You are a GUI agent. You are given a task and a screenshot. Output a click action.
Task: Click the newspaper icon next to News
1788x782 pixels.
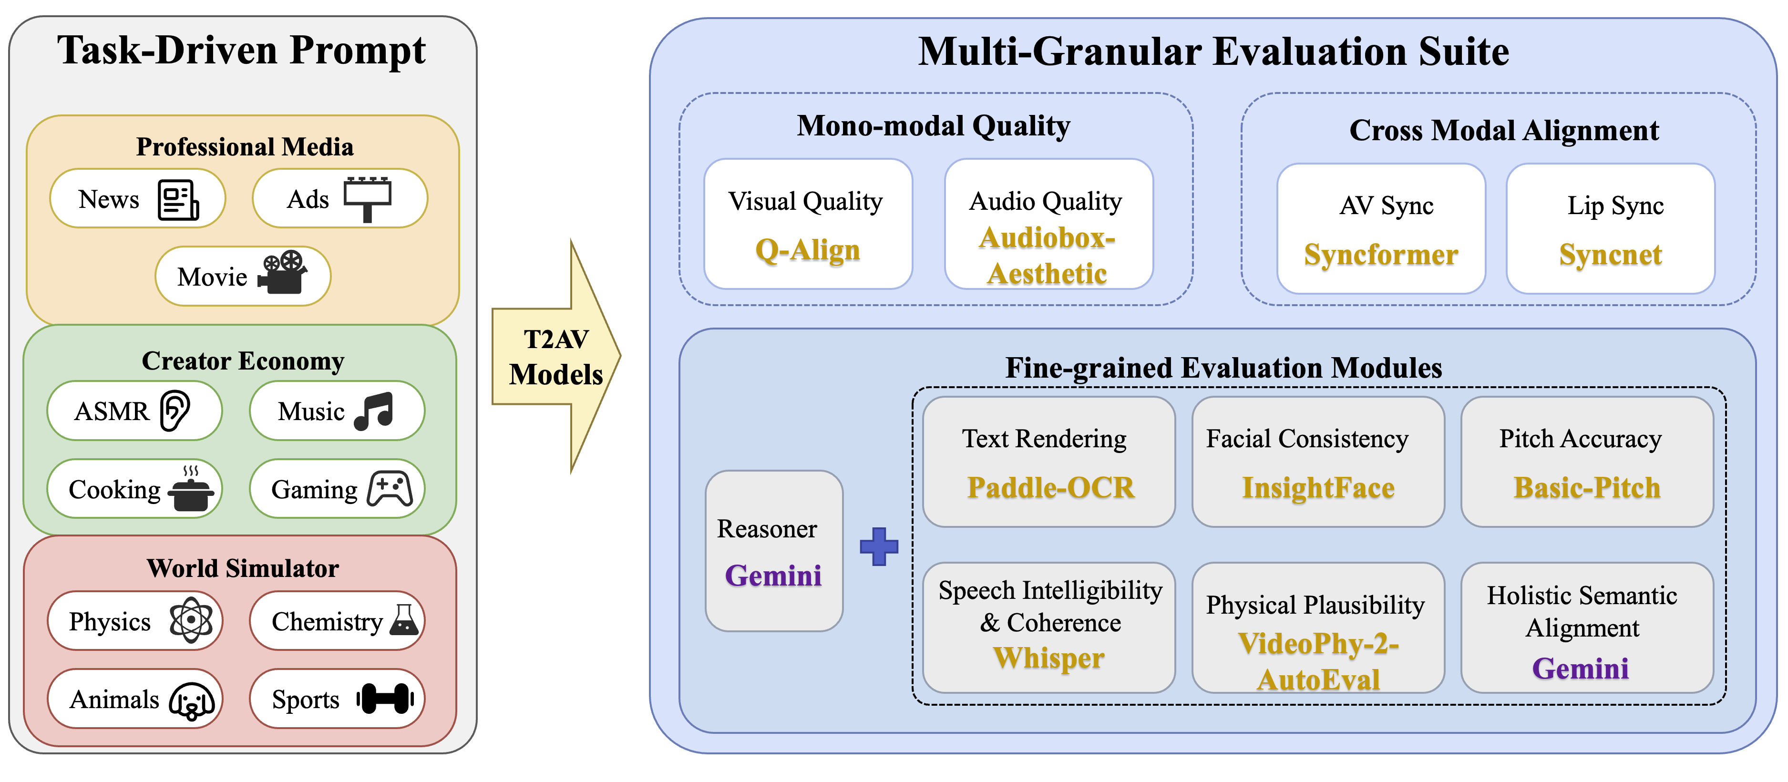[178, 200]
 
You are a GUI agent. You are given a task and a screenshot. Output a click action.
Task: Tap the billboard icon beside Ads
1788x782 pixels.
[367, 199]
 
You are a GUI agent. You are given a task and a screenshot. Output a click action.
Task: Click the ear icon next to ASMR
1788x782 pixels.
[175, 411]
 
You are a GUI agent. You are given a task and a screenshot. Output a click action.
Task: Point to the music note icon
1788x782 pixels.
[374, 411]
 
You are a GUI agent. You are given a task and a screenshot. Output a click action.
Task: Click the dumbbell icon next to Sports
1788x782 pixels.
[385, 699]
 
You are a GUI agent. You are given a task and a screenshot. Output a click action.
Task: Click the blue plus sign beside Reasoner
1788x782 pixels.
[879, 547]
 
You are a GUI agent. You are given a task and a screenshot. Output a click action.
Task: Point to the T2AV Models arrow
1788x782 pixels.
[556, 357]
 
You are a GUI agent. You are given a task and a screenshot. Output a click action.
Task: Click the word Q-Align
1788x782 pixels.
[808, 250]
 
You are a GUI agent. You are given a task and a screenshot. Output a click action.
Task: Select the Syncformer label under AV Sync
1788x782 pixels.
[1381, 255]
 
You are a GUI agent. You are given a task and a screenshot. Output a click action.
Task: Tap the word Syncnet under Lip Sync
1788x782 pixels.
[1610, 255]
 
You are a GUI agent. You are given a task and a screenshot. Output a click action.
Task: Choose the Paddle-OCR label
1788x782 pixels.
[1051, 488]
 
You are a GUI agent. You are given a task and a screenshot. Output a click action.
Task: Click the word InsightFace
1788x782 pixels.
[1318, 488]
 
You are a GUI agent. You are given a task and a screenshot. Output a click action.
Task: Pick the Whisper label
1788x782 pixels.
[1049, 658]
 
